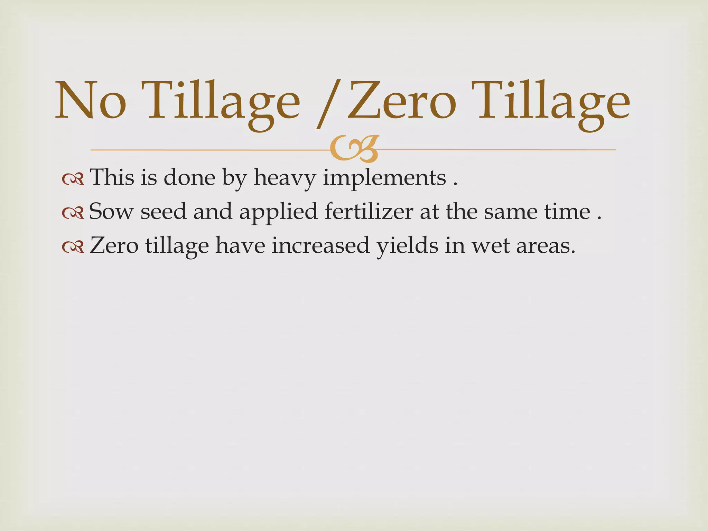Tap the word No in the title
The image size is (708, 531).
pos(91,100)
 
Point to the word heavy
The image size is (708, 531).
pos(285,178)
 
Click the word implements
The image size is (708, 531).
pos(384,178)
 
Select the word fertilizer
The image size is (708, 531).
pos(369,212)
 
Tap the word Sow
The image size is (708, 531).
pos(111,211)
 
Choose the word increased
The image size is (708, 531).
pos(320,245)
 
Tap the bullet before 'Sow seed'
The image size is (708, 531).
pos(73,213)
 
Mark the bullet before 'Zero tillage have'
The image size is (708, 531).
pos(73,247)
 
